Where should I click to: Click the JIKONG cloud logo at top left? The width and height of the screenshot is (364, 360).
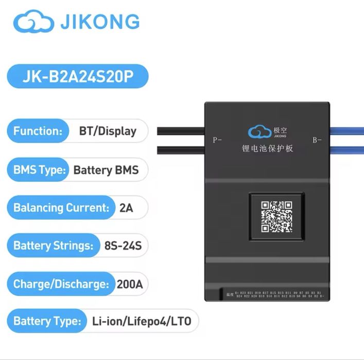32,23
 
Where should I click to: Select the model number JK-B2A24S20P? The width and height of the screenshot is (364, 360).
78,77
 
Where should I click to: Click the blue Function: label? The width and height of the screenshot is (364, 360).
38,131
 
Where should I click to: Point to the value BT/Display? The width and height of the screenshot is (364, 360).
108,131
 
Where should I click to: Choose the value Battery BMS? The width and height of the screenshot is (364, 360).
106,170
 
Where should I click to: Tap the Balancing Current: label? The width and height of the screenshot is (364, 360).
61,208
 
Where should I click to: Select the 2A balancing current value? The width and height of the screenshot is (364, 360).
126,208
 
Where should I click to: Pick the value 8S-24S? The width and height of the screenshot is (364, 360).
123,245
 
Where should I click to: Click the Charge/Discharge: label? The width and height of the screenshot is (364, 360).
61,284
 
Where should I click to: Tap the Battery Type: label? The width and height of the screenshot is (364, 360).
47,321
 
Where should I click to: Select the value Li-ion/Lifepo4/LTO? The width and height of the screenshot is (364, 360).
142,321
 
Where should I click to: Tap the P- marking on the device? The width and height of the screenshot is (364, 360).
217,139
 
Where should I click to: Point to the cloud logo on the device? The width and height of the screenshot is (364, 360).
259,133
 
